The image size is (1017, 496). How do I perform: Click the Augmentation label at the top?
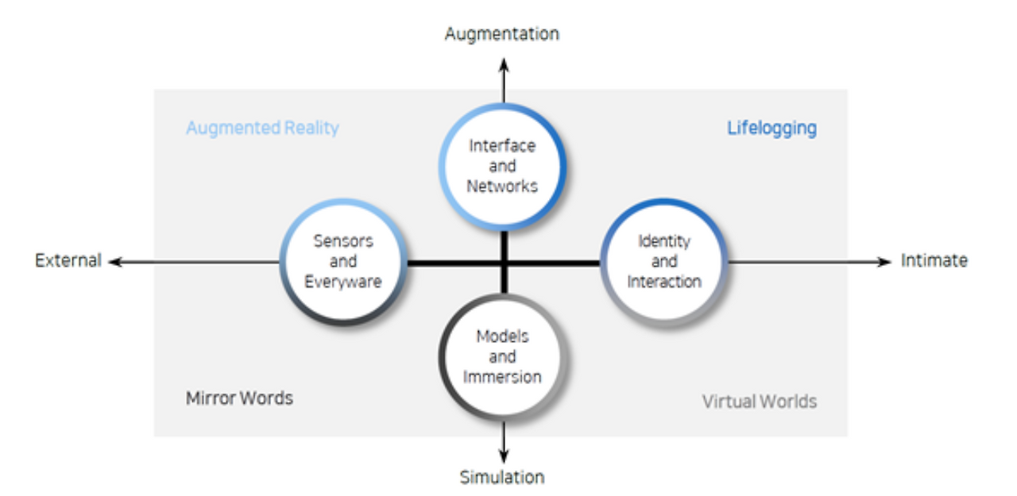(501, 34)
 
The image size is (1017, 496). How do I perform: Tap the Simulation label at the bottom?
(502, 477)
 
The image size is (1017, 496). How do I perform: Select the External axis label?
(68, 260)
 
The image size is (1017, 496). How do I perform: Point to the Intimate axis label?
(934, 260)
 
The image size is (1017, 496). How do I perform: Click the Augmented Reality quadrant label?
(262, 129)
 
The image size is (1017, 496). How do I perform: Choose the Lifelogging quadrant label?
(771, 129)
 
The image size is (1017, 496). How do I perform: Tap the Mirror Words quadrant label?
(239, 398)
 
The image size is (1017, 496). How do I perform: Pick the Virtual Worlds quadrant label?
(760, 402)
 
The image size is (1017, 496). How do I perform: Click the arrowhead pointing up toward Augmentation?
(504, 65)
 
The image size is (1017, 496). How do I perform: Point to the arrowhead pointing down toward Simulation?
(504, 456)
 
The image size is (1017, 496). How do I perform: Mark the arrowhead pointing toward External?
(116, 262)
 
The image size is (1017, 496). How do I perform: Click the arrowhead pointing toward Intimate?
(884, 262)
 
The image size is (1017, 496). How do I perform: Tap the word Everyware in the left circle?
(343, 282)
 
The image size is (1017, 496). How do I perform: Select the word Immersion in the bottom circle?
(502, 377)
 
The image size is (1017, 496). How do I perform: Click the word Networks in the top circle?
(502, 186)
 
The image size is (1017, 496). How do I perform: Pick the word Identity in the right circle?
(664, 242)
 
